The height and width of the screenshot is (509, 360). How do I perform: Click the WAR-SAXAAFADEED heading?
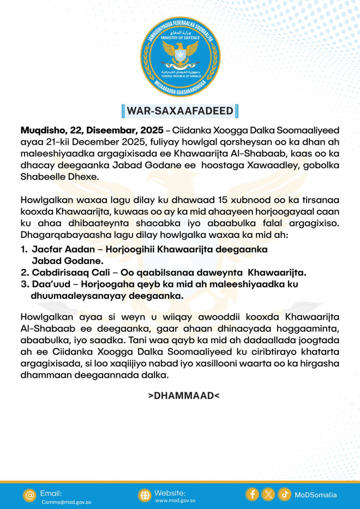180,111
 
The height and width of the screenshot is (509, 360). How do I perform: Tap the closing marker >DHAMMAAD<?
184,395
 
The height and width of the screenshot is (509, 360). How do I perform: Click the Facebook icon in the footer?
252,494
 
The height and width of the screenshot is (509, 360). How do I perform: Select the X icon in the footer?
268,494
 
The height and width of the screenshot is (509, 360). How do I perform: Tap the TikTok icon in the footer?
284,494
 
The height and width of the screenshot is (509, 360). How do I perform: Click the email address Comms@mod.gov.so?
67,502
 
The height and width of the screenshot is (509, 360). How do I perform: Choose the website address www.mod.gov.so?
176,500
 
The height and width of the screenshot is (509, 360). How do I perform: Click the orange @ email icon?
29,495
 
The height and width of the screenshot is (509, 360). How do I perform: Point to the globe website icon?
144,495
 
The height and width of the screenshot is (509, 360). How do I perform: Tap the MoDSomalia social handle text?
316,495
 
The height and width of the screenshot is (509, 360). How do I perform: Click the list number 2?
23,272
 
